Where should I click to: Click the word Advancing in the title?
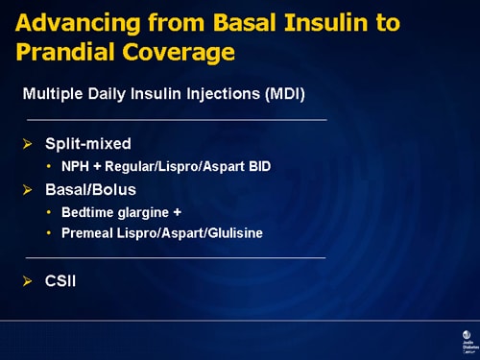pos(69,21)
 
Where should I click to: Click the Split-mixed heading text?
pos(88,144)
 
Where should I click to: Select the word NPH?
pos(75,166)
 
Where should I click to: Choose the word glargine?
pos(144,211)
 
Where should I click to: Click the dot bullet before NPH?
pos(49,167)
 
